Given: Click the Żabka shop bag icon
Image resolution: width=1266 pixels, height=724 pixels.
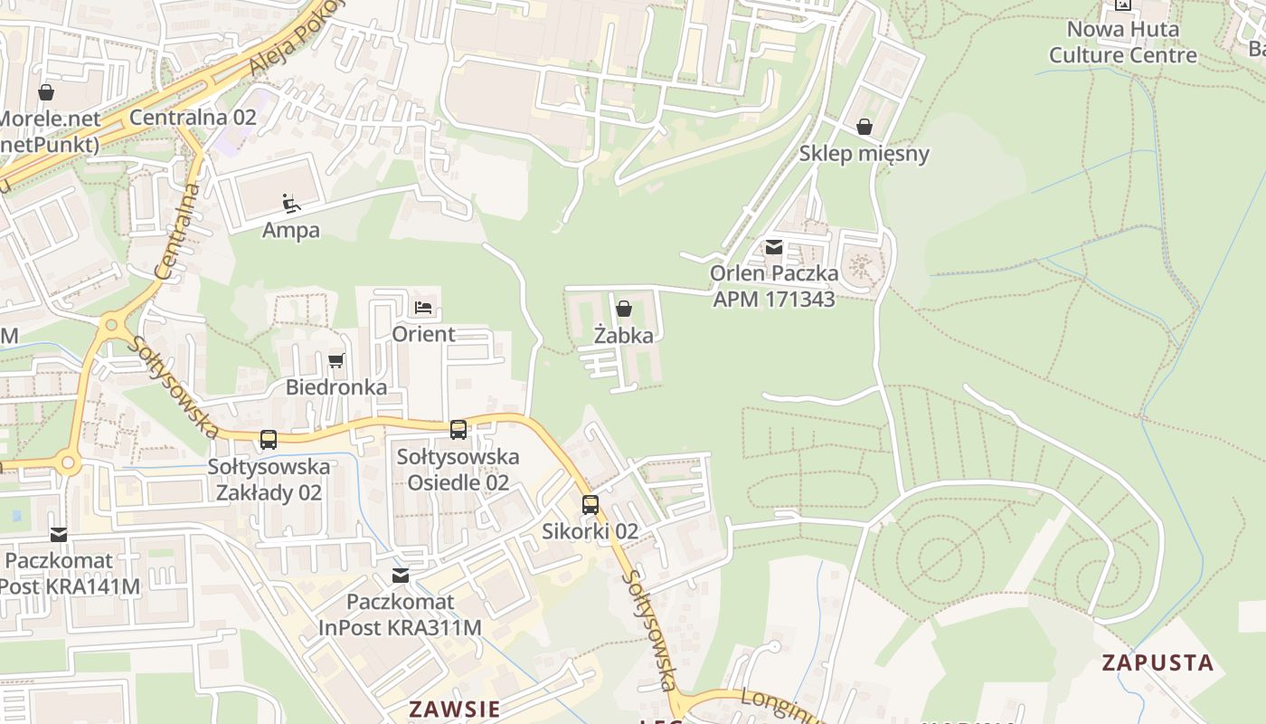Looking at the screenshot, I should coord(623,309).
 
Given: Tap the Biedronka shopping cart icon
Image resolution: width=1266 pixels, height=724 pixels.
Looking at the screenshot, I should coord(336,361).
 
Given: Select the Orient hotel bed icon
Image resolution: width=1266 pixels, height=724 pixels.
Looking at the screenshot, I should coord(423,308).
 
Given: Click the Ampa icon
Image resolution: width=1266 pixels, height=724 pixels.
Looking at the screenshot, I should coord(290,203).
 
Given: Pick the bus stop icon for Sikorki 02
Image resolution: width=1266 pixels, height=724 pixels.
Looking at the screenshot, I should coord(590,505).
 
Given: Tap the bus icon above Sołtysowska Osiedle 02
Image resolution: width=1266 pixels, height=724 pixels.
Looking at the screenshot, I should coord(458,430).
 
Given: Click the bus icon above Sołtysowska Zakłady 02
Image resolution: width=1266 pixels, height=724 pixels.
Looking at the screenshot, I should coord(269,440).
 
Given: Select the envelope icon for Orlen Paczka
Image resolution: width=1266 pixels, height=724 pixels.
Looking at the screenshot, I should coord(774,247).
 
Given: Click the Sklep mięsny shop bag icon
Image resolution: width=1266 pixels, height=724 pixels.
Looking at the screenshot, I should coord(864,127).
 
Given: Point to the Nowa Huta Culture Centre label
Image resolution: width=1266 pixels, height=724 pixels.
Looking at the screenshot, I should coord(1122,42).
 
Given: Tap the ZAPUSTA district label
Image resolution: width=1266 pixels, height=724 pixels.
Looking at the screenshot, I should coord(1157,662).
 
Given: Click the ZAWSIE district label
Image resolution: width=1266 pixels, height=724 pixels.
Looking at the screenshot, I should coord(454,709).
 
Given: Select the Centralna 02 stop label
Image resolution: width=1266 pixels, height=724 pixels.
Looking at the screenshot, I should coord(193,118).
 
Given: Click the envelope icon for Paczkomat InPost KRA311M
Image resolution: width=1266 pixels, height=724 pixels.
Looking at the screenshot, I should coord(400,576).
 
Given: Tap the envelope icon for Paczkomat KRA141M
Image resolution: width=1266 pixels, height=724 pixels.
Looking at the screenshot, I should coord(59,535).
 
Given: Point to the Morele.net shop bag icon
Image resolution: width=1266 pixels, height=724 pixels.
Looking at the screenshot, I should coord(46,92).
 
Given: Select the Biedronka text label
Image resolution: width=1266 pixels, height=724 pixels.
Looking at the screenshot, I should coord(336,387).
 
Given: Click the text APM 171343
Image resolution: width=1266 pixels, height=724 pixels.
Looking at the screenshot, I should coord(773,299).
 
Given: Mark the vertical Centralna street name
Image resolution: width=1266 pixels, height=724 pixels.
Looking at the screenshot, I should coord(177,231).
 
